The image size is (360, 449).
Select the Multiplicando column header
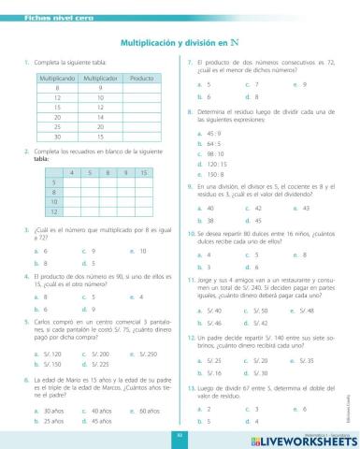57,77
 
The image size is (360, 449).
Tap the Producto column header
141,77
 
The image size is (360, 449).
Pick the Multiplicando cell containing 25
57,125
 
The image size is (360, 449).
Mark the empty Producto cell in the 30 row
141,136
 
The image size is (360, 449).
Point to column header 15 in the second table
143,172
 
